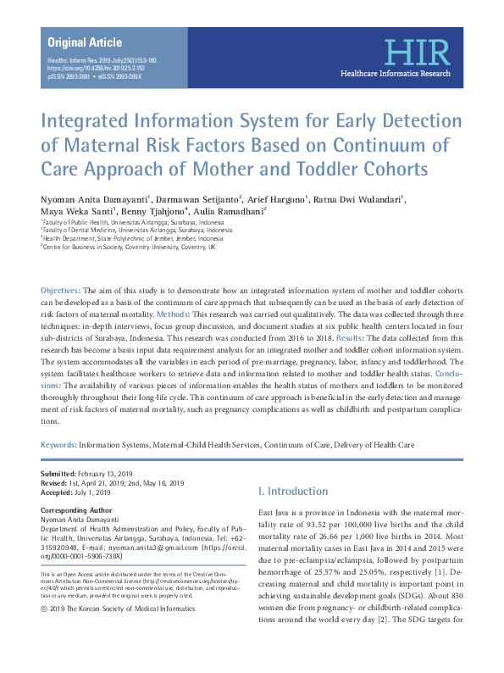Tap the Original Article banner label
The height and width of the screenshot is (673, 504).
click(x=85, y=42)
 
